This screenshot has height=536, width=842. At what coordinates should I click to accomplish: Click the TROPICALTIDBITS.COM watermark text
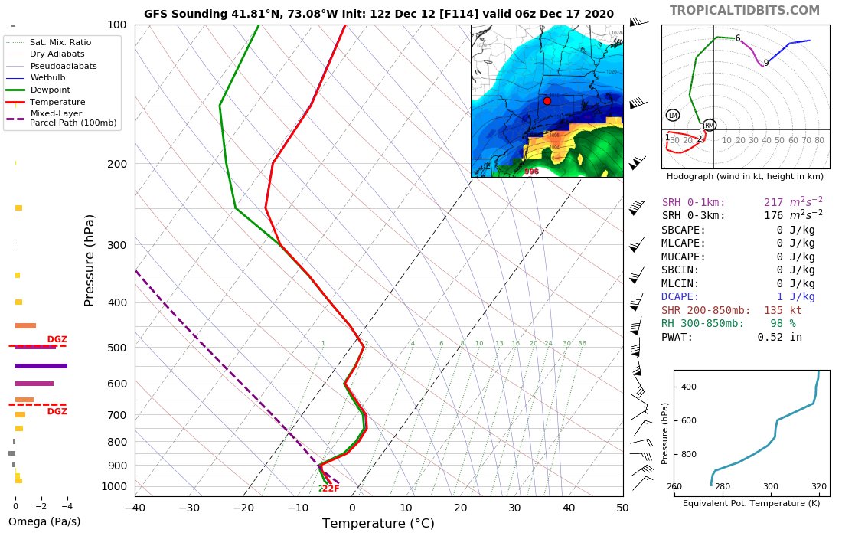744,10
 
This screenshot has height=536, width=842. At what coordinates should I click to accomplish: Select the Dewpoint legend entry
51,90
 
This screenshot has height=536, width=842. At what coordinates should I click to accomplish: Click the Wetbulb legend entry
47,77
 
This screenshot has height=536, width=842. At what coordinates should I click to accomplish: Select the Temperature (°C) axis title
378,524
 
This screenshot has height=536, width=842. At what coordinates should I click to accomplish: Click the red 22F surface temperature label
329,489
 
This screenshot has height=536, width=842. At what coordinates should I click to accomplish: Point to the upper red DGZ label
57,339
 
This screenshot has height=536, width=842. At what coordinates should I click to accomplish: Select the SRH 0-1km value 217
777,203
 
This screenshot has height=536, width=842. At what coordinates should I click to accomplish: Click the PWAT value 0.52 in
779,337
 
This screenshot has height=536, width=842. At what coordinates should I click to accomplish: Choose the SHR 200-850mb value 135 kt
782,310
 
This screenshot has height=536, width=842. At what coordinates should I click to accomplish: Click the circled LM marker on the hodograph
673,115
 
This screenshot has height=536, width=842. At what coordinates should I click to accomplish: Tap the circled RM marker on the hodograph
710,125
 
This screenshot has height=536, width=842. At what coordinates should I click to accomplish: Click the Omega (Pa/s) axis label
44,522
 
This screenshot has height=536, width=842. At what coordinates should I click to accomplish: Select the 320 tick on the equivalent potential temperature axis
818,486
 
